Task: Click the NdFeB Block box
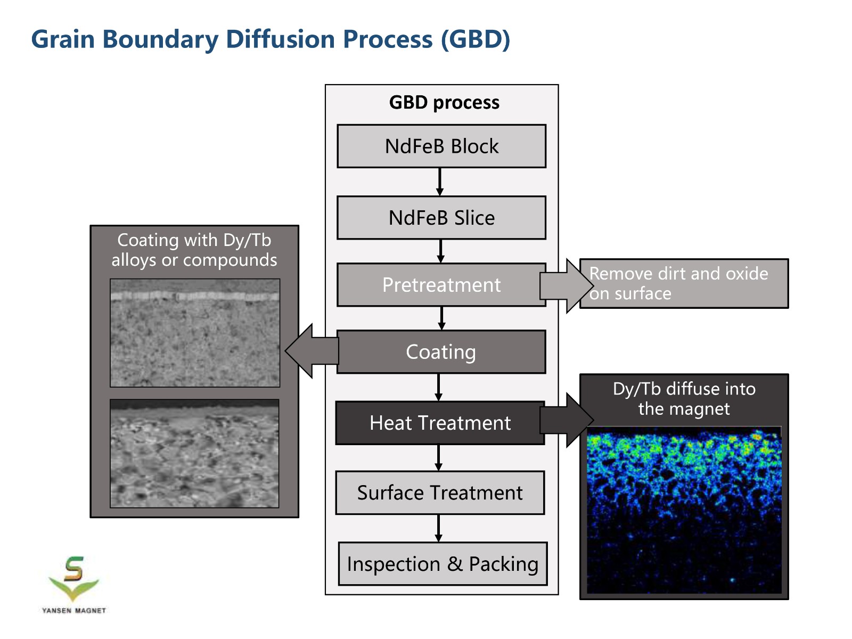441,146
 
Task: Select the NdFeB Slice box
441,218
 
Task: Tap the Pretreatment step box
441,285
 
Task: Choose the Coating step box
441,352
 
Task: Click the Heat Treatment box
440,423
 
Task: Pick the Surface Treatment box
440,493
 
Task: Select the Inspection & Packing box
443,564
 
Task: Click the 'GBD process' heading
444,102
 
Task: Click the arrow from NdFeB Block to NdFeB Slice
440,182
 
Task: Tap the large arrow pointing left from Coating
312,351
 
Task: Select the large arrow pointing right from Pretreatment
567,285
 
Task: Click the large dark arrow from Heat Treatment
567,420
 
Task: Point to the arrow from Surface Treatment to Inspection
439,528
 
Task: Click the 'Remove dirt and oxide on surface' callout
684,284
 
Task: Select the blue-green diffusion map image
684,510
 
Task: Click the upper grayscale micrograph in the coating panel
195,333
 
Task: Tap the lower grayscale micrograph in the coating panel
194,454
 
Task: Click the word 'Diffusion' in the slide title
280,39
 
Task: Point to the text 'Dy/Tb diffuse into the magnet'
684,399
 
